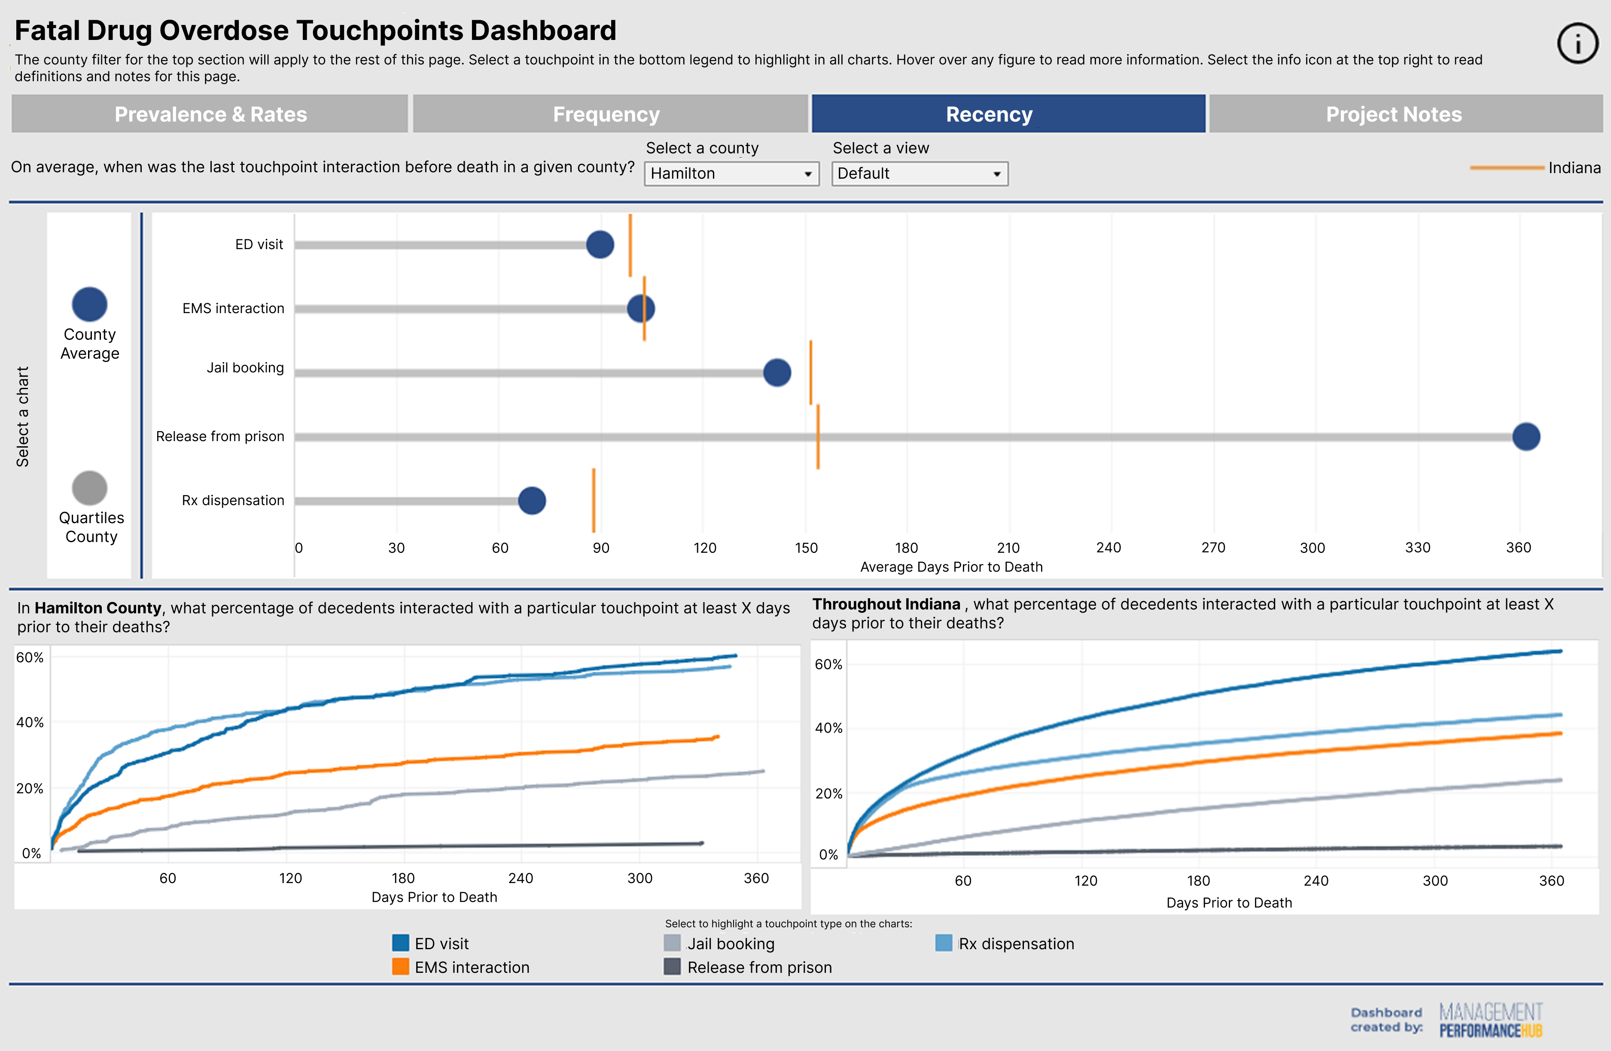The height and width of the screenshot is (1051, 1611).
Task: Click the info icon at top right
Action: point(1578,43)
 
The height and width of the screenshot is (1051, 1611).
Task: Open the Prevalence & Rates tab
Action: point(210,114)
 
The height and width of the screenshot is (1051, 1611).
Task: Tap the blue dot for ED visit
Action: point(600,244)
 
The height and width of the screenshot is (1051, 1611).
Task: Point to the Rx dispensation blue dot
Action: point(532,501)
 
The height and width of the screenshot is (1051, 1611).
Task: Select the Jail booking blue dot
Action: point(777,372)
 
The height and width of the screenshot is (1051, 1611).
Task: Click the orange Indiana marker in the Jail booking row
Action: point(811,372)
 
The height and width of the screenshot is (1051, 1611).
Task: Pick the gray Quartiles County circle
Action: point(89,488)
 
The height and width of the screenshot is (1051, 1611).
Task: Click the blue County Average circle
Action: point(89,305)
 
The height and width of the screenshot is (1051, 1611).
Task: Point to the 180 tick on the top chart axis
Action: point(906,548)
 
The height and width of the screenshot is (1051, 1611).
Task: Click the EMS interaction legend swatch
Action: point(401,966)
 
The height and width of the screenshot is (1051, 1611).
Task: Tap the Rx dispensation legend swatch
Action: point(944,943)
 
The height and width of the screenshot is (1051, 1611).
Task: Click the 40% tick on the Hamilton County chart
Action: point(30,722)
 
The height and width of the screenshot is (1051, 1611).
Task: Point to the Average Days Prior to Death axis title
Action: point(951,567)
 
